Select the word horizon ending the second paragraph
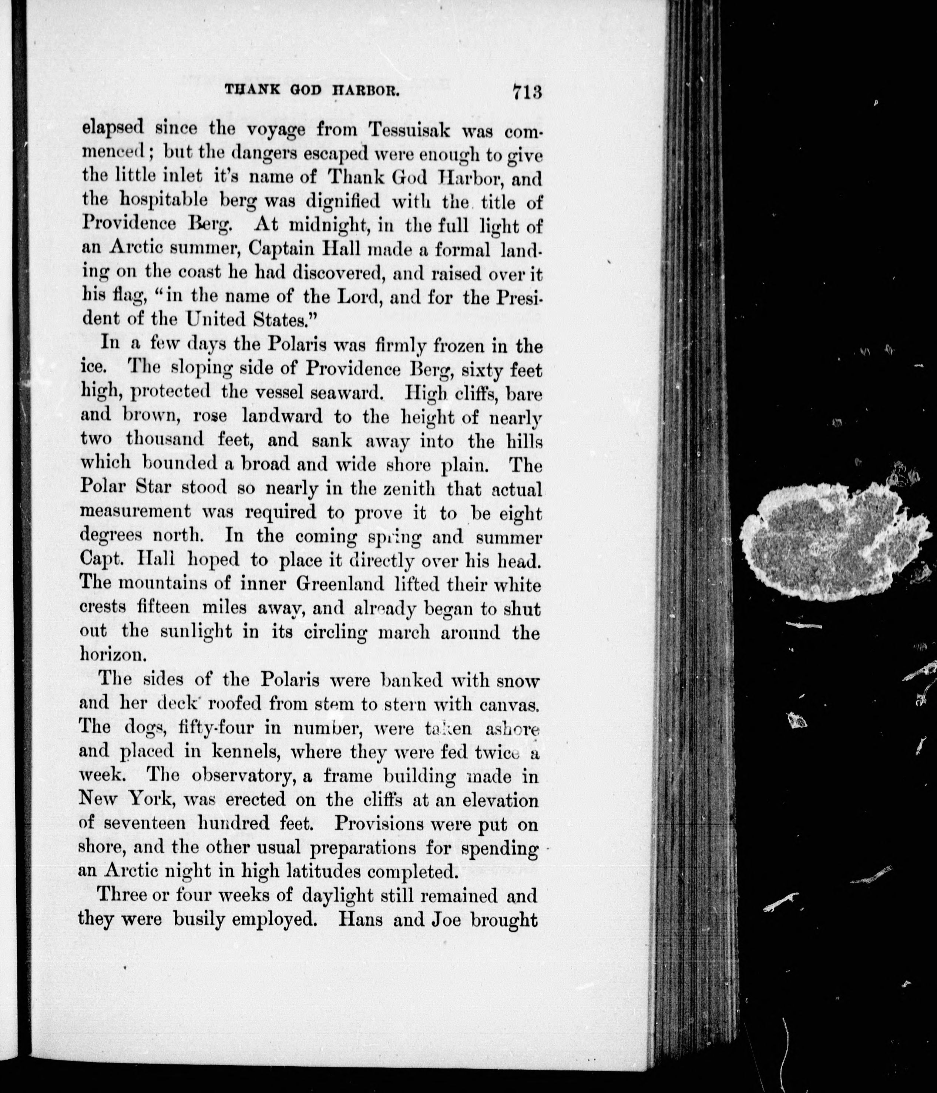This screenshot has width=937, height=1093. [112, 654]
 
